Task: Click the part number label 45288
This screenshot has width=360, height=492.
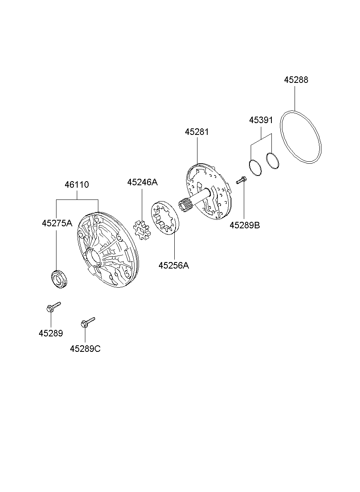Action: coord(296,80)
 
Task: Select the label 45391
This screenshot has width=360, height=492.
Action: coord(261,120)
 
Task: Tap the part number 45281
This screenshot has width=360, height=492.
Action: coord(197,132)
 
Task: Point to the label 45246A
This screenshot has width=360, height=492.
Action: coord(142,182)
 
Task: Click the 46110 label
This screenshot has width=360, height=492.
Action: coord(77,185)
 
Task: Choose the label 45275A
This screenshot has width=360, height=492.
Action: coord(57,223)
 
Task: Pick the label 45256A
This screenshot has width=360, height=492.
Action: coord(173,266)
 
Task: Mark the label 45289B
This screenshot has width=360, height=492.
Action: coord(245,225)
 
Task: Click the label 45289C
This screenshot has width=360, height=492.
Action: coord(85,349)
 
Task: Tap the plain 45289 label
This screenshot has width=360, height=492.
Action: coord(51,334)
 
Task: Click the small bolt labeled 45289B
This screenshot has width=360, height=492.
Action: coord(241,180)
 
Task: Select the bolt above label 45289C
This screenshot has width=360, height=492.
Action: coord(88,322)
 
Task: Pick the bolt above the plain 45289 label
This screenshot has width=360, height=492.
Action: coord(53,307)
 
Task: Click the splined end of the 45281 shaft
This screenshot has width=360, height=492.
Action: coord(186,205)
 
